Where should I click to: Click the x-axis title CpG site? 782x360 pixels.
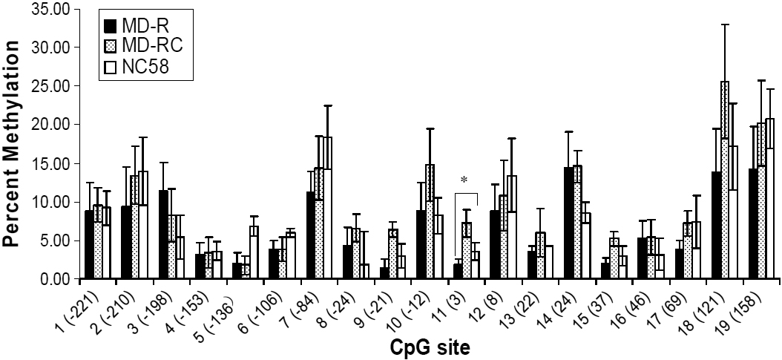tap(428, 346)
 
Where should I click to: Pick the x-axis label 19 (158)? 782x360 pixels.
tap(750, 307)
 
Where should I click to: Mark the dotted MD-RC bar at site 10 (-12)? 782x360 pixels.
tap(430, 222)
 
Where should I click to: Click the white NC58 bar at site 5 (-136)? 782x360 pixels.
tap(254, 252)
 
